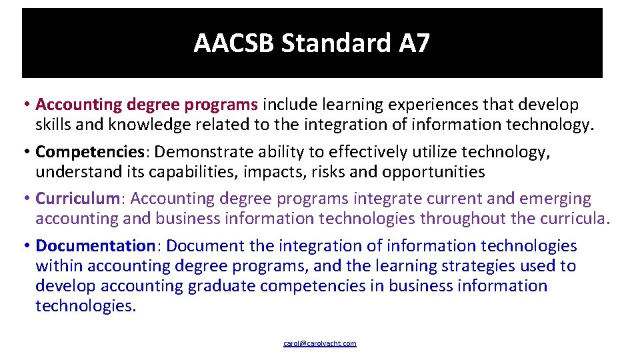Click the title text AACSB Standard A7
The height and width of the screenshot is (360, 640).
[311, 44]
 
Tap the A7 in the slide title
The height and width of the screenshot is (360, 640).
[414, 44]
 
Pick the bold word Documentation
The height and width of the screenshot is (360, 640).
[95, 245]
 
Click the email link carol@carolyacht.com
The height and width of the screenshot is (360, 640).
[320, 343]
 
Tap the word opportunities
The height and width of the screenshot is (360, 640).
[433, 172]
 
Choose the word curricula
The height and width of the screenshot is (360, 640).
[575, 219]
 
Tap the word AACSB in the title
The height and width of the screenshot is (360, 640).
[234, 44]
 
